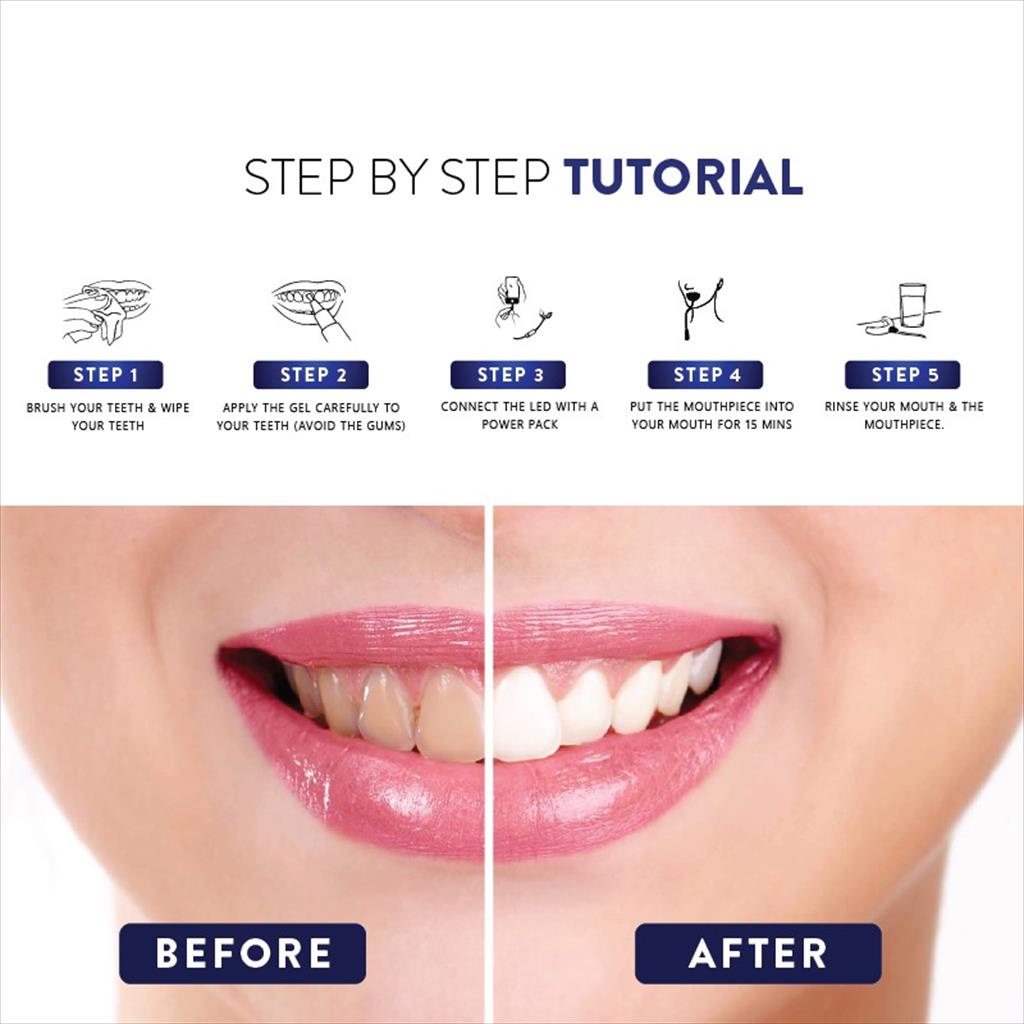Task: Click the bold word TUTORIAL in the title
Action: [683, 177]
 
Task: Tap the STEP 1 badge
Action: [105, 375]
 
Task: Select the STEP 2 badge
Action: [311, 375]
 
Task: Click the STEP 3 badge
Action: [508, 375]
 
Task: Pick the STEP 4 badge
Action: [705, 375]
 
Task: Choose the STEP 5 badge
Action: [902, 375]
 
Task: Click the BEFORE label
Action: [243, 953]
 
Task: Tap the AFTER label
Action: [758, 953]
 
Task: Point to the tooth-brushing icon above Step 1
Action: [106, 310]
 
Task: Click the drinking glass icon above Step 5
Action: [911, 305]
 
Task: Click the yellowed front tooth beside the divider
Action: [451, 715]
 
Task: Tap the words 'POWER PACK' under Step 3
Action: [519, 425]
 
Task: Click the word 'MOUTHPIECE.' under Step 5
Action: [904, 425]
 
